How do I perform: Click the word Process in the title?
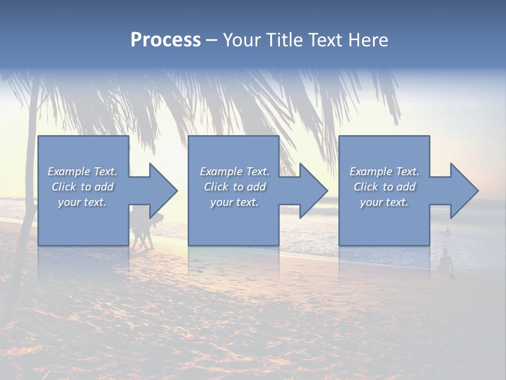tap(166, 40)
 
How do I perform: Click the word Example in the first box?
tap(68, 172)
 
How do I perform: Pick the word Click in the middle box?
tap(215, 187)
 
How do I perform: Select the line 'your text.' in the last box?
tap(384, 202)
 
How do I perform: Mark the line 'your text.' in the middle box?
tap(234, 202)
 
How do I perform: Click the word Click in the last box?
tap(365, 187)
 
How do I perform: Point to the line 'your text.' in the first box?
tap(82, 202)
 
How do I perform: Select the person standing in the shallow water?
tap(446, 261)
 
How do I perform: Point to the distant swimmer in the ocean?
tap(447, 231)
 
